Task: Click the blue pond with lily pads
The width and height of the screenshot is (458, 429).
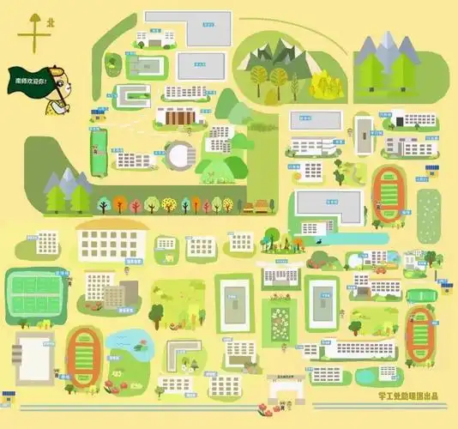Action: coord(127,347)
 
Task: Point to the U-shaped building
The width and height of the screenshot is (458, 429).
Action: coord(133,94)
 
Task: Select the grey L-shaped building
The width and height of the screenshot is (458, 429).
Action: coord(180,352)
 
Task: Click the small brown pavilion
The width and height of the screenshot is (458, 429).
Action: coord(255,206)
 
